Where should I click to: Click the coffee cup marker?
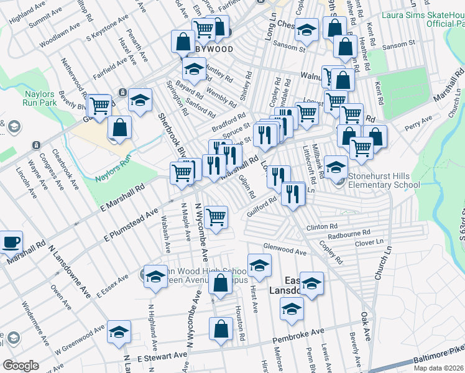point(10,242)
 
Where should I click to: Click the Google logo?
point(21,366)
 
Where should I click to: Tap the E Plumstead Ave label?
point(131,224)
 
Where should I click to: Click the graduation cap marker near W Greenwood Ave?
point(118,333)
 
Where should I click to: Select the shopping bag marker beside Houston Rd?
point(221,330)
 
